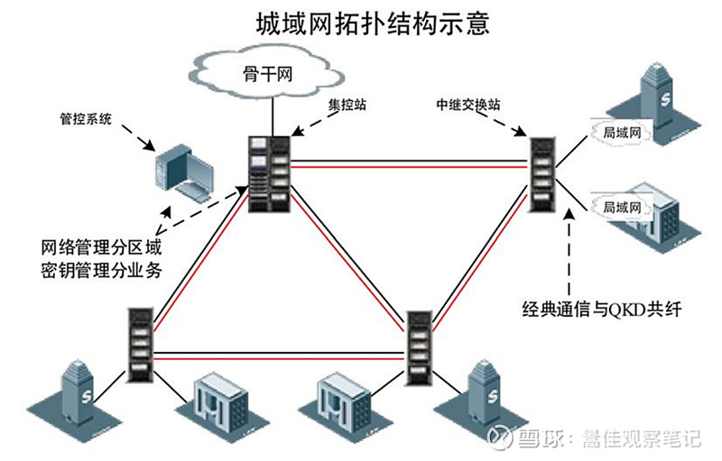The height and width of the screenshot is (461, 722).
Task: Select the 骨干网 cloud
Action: [269, 71]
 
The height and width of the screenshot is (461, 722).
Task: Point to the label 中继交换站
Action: [467, 106]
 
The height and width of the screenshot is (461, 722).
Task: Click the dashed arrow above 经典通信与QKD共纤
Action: [568, 253]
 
